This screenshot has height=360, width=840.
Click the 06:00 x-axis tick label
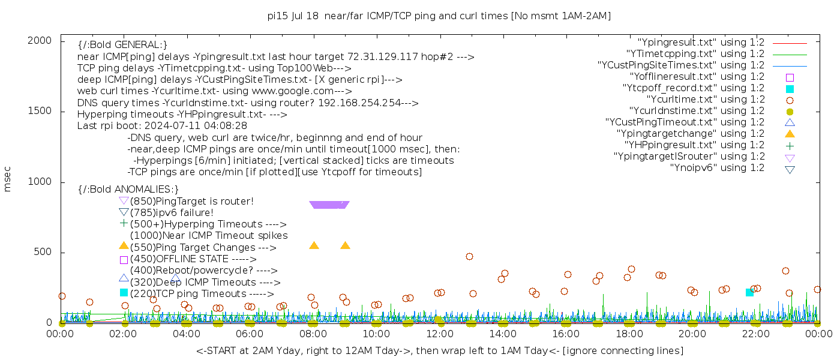pyautogui.click(x=250, y=334)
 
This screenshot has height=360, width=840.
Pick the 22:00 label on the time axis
pyautogui.click(x=755, y=334)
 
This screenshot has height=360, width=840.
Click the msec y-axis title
pyautogui.click(x=7, y=179)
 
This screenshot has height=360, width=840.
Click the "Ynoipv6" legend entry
pyautogui.click(x=717, y=168)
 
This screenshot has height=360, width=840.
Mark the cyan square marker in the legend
pyautogui.click(x=790, y=89)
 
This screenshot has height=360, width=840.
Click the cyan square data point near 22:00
pyautogui.click(x=749, y=292)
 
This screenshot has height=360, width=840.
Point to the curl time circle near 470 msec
pyautogui.click(x=469, y=256)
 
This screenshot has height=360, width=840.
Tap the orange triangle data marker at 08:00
pyautogui.click(x=314, y=245)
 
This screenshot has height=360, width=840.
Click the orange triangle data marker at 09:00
pyautogui.click(x=345, y=245)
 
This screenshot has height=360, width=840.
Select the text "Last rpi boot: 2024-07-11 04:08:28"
pyautogui.click(x=162, y=126)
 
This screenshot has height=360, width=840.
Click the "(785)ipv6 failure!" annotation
pyautogui.click(x=172, y=212)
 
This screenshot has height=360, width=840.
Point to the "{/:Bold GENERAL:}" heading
pyautogui.click(x=122, y=45)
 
